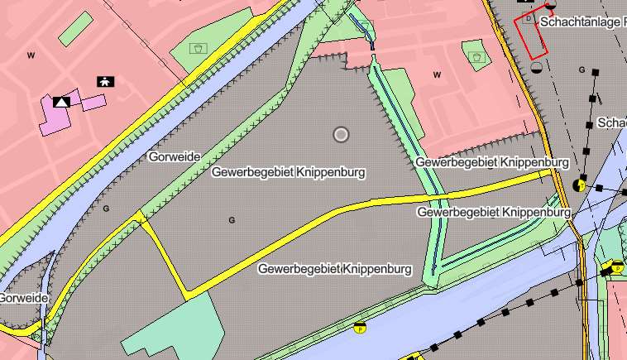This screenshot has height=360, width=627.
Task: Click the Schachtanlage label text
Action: tap(582, 22)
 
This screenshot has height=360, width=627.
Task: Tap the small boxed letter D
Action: tap(528, 17)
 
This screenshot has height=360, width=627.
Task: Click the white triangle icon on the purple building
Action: tap(61, 102)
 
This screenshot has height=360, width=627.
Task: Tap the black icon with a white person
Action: tap(105, 81)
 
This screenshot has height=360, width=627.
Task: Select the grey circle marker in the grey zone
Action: tap(341, 134)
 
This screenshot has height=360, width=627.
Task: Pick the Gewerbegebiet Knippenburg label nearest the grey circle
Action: tap(288, 172)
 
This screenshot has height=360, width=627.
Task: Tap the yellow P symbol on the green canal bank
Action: tap(359, 329)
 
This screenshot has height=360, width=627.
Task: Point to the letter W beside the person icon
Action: tap(31, 55)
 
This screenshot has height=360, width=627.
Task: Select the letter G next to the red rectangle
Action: tap(582, 70)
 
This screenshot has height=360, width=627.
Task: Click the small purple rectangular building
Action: tap(93, 103)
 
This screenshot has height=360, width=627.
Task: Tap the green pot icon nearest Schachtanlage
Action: tap(476, 56)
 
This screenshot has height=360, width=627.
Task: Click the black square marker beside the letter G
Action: tap(595, 73)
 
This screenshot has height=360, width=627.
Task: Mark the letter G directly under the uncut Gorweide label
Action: tap(106, 208)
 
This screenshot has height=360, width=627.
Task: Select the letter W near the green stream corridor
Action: tap(437, 74)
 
